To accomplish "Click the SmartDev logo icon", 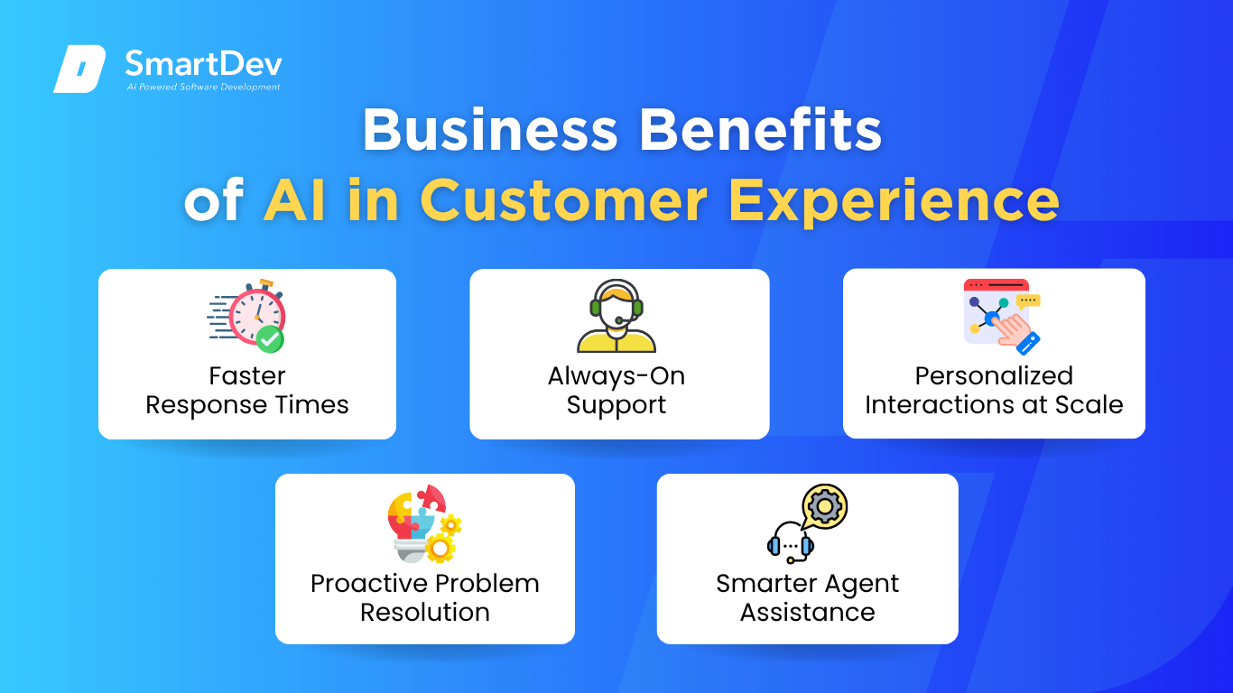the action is click(79, 69).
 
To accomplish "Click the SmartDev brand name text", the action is click(203, 64).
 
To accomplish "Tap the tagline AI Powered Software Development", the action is click(203, 87).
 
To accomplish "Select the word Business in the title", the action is click(490, 130).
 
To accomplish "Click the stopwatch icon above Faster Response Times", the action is click(247, 316).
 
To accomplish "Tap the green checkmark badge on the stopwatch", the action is click(270, 339).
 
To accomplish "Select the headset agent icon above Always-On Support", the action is click(616, 316).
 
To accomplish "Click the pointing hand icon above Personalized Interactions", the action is click(1018, 331).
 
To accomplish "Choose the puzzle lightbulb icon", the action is click(424, 523).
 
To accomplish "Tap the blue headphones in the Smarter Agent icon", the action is click(791, 543).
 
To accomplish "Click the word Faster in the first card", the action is click(247, 376).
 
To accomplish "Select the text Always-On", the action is click(616, 377).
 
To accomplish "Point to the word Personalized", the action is click(994, 376).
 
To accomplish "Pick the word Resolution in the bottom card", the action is click(425, 613).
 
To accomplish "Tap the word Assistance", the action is click(808, 613).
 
